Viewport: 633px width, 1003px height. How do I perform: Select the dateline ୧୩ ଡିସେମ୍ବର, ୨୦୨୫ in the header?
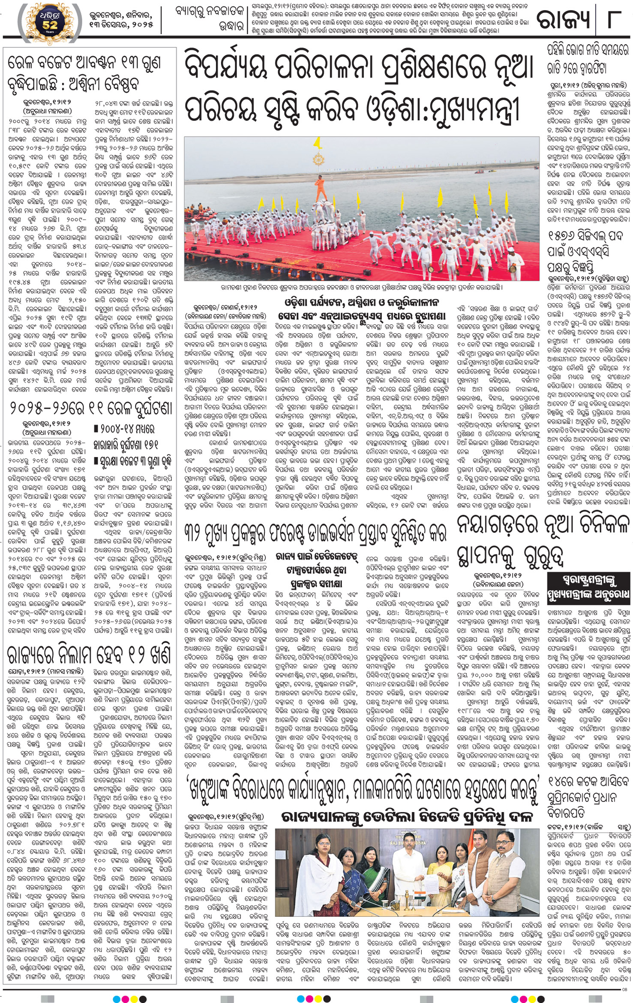tap(121, 25)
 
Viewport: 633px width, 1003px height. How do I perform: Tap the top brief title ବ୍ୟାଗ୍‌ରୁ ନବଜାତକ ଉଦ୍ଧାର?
tap(210, 18)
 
